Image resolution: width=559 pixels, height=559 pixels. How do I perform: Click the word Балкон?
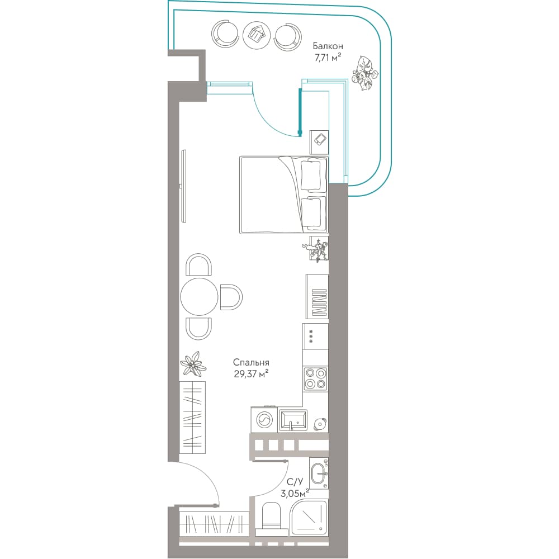pos(328,46)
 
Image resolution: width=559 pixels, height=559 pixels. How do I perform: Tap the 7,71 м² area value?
pos(328,58)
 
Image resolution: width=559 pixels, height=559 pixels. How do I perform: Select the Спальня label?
pos(251,363)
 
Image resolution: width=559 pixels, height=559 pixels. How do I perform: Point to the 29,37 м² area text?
pos(251,373)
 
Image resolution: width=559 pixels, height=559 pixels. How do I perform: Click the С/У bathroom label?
pos(295,482)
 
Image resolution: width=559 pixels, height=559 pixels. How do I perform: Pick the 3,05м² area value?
pos(295,494)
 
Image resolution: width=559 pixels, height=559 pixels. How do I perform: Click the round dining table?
pos(199,297)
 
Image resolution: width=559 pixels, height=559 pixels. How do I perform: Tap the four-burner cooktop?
pos(315,378)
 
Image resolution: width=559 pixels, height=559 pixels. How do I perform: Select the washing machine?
pos(264,420)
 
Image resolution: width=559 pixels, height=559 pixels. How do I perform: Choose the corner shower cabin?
pos(309,518)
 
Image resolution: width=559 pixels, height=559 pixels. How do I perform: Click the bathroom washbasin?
pos(319,473)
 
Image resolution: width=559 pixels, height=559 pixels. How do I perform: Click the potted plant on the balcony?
pos(364,73)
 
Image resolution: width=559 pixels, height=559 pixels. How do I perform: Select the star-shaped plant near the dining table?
pos(193,363)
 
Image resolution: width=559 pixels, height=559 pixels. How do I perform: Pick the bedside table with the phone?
pos(319,139)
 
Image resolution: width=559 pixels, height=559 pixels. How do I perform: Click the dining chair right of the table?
pos(231,297)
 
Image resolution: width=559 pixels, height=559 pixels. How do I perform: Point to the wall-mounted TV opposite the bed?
pos(183,186)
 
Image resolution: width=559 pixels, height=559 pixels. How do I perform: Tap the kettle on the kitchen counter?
pos(320,424)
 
